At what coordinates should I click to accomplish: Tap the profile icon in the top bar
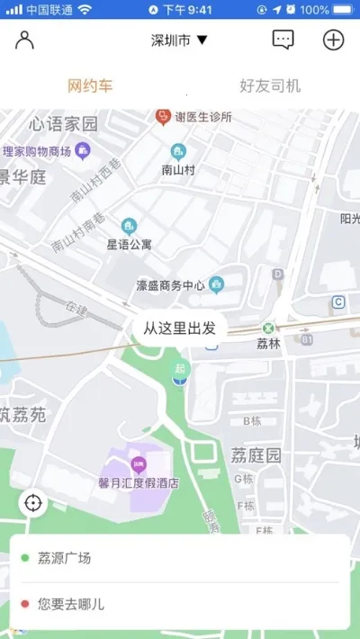tap(24, 40)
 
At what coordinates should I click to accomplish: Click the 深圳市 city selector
tap(179, 40)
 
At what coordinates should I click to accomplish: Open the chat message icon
tap(283, 40)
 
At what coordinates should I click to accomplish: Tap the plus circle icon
tap(334, 40)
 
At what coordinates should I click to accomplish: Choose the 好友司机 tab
tap(270, 86)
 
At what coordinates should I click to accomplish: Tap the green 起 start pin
tap(181, 368)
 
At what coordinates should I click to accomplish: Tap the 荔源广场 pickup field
tap(180, 558)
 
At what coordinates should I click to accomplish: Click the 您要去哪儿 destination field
tap(180, 604)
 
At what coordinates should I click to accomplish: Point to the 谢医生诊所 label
tap(203, 117)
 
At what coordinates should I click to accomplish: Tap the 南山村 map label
tap(179, 168)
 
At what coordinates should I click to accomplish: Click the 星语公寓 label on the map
tap(130, 244)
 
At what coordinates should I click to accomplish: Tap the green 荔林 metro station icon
tap(267, 328)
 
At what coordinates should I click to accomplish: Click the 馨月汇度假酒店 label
tap(139, 482)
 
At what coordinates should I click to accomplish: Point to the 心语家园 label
tap(63, 123)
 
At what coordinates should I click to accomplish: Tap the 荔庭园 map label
tap(256, 454)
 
